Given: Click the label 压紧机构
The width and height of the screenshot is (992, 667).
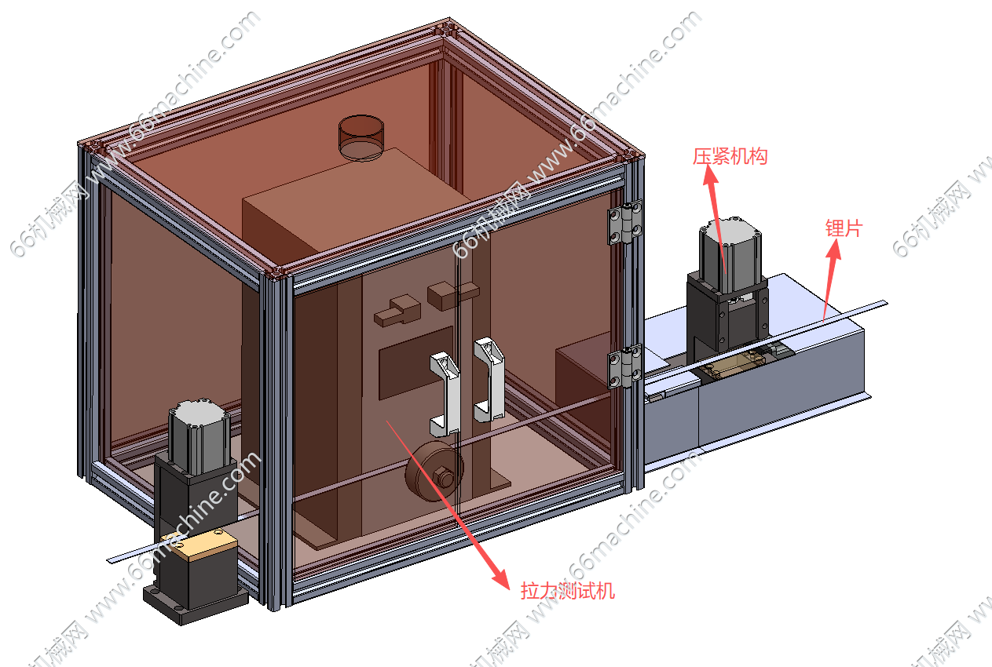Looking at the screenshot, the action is [730, 157].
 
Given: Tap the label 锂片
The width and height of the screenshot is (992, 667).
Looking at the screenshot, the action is [844, 228].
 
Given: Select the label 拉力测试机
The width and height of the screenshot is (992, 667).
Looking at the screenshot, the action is [567, 591].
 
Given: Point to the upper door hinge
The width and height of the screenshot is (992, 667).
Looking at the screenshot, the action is [624, 223].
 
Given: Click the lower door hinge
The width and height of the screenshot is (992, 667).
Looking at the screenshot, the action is [624, 366].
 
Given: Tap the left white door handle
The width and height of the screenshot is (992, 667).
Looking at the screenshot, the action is [445, 394].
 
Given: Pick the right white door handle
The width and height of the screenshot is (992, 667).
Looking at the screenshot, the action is [489, 380].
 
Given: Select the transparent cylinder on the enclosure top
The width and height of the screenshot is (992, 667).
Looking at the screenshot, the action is [361, 137].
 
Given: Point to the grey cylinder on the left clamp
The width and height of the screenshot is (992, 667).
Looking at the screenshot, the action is [199, 436].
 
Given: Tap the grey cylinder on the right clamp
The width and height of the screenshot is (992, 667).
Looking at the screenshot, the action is [730, 253].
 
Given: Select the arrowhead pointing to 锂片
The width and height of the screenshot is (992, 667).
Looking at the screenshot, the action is [834, 249].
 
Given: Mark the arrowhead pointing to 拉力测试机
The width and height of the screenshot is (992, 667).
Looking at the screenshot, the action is [501, 579].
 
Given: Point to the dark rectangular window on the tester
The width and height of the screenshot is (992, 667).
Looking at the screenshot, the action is [415, 363].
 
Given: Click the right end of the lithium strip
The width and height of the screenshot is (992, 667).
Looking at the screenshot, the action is [887, 303].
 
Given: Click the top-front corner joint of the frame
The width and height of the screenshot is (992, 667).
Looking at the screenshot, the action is [277, 275].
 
